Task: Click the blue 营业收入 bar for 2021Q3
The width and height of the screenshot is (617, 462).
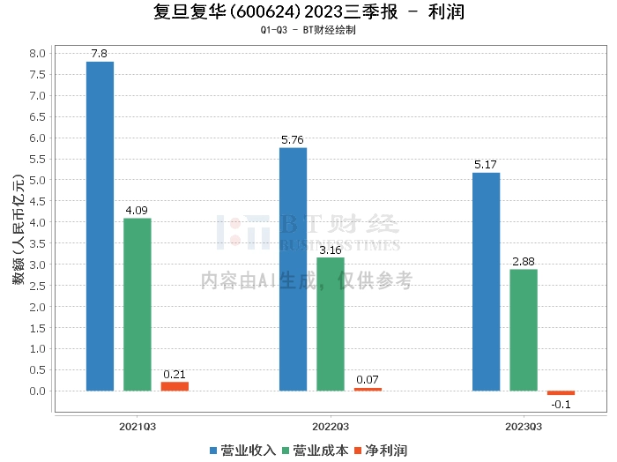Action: coord(100,226)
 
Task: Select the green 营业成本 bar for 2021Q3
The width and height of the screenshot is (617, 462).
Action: coord(138,304)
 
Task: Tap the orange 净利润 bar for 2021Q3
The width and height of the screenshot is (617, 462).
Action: coord(175,386)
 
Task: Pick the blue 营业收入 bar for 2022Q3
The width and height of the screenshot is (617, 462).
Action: coord(293,269)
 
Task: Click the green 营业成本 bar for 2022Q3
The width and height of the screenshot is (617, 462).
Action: coord(331,324)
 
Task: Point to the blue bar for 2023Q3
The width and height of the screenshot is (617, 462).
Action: coord(486,281)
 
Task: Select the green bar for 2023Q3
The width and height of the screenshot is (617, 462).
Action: coord(524,330)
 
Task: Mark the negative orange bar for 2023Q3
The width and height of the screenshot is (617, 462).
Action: coord(561,393)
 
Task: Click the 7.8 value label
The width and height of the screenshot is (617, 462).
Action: coord(100,55)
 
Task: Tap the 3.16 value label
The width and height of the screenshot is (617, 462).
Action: coord(331,250)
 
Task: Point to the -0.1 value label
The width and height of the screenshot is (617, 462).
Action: coord(561,405)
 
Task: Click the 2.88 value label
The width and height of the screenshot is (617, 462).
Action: coord(524,262)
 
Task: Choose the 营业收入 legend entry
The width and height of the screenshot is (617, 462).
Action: coord(242,451)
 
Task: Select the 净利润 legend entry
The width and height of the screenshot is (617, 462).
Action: coord(383,451)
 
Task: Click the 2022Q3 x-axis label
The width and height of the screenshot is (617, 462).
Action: coord(331,427)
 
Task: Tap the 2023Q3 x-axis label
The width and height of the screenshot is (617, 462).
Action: coord(524,427)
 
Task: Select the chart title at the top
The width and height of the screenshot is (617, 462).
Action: coord(308,12)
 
